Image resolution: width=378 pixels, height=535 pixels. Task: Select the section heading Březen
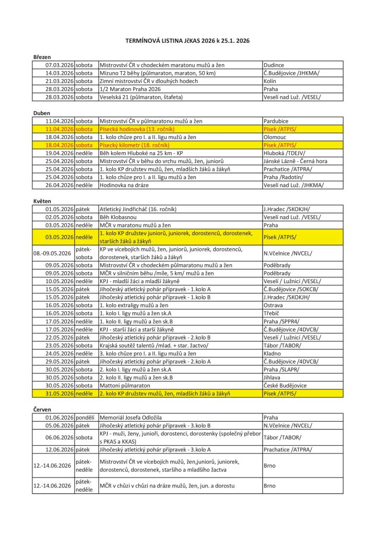click(x=41, y=57)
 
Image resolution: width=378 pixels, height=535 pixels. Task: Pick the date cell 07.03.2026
click(x=60, y=65)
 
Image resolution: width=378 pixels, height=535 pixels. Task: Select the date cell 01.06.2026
click(x=60, y=417)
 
